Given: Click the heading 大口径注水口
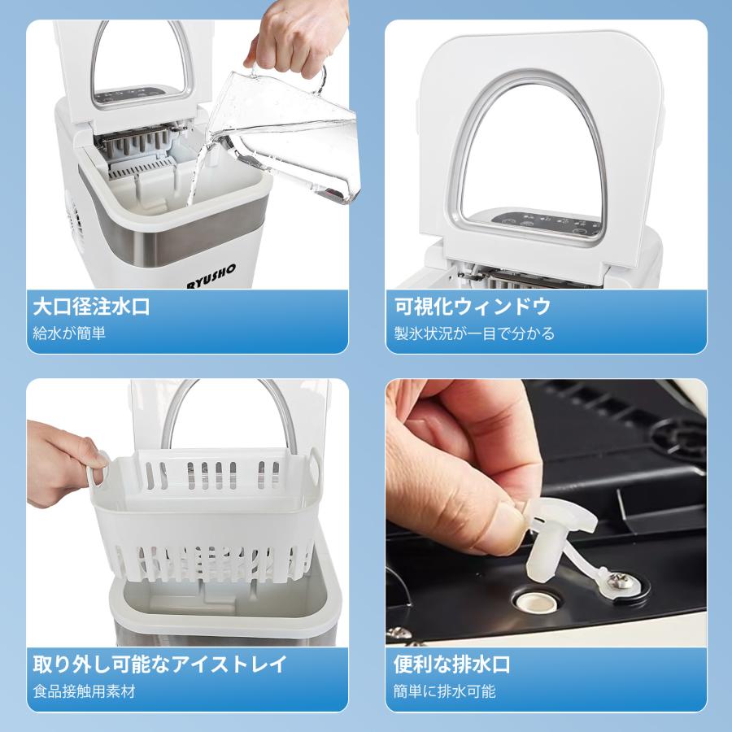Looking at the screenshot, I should point(91,307).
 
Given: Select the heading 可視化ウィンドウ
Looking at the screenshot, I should point(473,307).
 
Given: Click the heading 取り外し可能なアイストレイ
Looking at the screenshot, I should point(159,664).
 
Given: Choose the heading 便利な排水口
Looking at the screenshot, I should point(452,664).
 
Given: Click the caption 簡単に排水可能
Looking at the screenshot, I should point(444,691).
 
